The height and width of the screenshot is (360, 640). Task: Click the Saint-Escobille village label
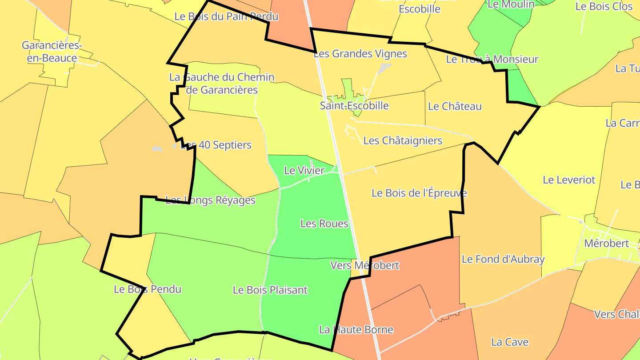coord(354,106)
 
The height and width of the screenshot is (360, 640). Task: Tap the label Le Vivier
coord(304,170)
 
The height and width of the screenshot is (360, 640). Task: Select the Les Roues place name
coord(324,224)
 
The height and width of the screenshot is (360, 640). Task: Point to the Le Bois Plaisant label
coord(270,290)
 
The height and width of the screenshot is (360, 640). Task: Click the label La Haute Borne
coord(356,330)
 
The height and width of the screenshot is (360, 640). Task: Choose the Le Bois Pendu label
coord(148,289)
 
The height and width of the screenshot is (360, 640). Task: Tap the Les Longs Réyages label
coord(210,200)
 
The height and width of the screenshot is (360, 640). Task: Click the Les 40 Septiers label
coord(216,145)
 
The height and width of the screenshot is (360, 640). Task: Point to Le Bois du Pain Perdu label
coord(226,17)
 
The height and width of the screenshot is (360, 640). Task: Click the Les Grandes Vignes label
coord(360,54)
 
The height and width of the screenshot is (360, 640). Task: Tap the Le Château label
coord(455,106)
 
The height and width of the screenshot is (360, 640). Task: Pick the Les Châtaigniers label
coord(403,141)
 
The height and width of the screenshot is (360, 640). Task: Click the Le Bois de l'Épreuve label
coord(419,193)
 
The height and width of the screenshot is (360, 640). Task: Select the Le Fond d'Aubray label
coord(503,259)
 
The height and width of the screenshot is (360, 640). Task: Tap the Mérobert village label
coord(606,244)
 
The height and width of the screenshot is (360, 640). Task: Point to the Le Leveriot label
coord(569,180)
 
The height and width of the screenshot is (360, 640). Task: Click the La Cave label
coord(510,342)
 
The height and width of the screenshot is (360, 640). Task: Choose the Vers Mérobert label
coord(365,266)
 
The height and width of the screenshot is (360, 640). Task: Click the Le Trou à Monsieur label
coord(492,60)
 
